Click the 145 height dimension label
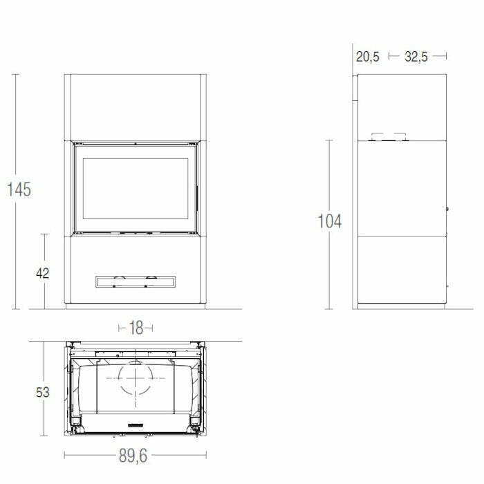coord(19,189)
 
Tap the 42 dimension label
coord(42,272)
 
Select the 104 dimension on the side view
coord(329,221)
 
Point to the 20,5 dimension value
coord(368,57)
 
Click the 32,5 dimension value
coord(416,57)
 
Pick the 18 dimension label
coord(136,328)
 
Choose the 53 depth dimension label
coord(42,392)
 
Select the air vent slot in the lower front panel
coord(135,281)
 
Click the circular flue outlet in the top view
coord(135,379)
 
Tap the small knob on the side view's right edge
coord(447,209)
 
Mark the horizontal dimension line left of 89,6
coord(90,455)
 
